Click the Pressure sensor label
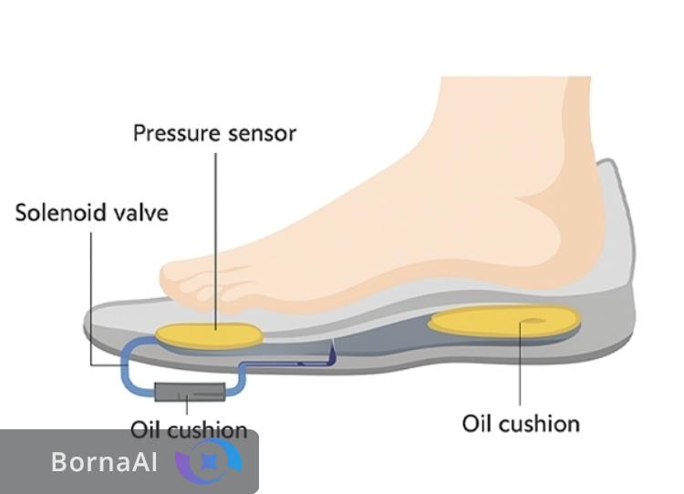(214, 133)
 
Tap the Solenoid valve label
(92, 213)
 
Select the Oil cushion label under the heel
(521, 424)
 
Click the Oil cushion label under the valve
(189, 429)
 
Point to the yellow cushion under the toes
(209, 334)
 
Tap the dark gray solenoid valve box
(191, 393)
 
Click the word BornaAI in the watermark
(104, 462)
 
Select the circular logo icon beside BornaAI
(210, 461)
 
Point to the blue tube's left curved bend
(127, 360)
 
